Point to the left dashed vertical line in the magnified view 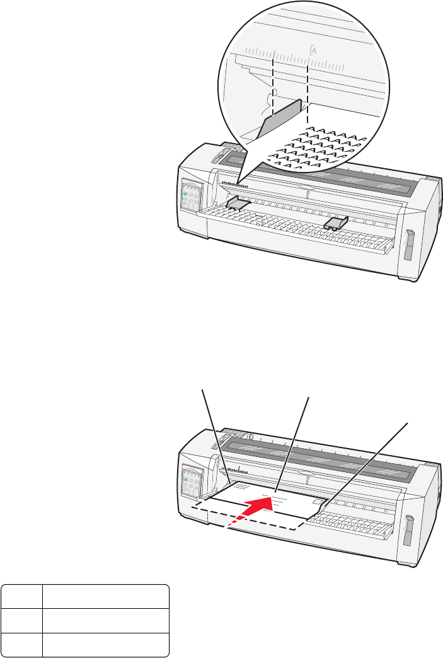pyautogui.click(x=272, y=88)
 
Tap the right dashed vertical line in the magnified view pyautogui.click(x=307, y=88)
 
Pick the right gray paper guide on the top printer pyautogui.click(x=335, y=222)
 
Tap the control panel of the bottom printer pyautogui.click(x=190, y=478)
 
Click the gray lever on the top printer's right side pyautogui.click(x=408, y=244)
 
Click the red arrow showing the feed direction pyautogui.click(x=252, y=511)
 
